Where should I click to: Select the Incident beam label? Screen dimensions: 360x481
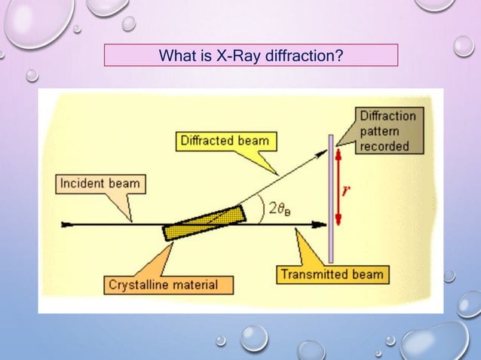tap(101, 184)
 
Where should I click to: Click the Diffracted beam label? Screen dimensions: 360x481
tap(225, 140)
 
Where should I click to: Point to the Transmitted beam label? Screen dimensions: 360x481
tap(332, 274)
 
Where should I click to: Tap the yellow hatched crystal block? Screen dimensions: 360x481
tap(204, 223)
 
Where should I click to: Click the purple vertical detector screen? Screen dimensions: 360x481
tap(330, 188)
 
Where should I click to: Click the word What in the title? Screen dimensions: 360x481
tap(176, 55)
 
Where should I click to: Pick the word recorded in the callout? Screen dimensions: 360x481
tap(384, 145)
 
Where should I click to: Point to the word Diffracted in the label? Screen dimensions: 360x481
tap(209, 140)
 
